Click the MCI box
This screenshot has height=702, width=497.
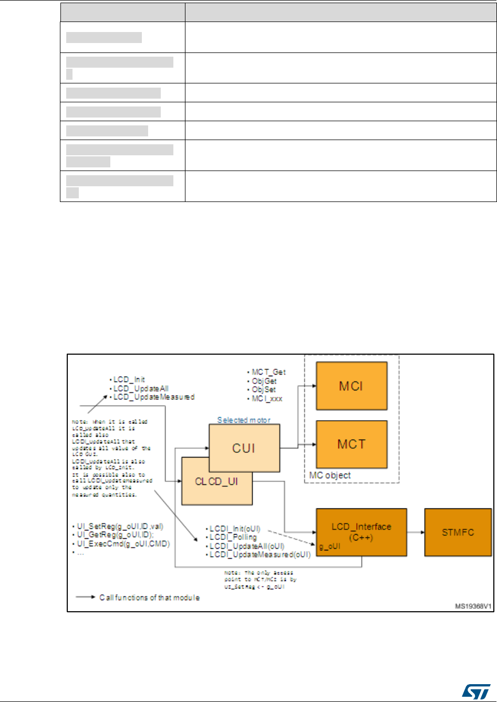[x=351, y=386]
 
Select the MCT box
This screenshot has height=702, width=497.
[x=351, y=444]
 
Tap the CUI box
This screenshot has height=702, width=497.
[x=244, y=448]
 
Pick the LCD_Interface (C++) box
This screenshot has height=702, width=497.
[x=361, y=532]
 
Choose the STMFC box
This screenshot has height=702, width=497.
[x=458, y=532]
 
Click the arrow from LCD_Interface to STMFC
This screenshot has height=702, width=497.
[x=415, y=532]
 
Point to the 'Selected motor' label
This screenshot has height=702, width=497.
[x=244, y=420]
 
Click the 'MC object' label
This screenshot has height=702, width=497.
[x=330, y=475]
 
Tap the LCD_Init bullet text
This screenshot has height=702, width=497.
[x=128, y=379]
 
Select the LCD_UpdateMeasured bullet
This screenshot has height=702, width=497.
[x=153, y=397]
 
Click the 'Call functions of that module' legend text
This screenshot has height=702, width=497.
[x=149, y=598]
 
